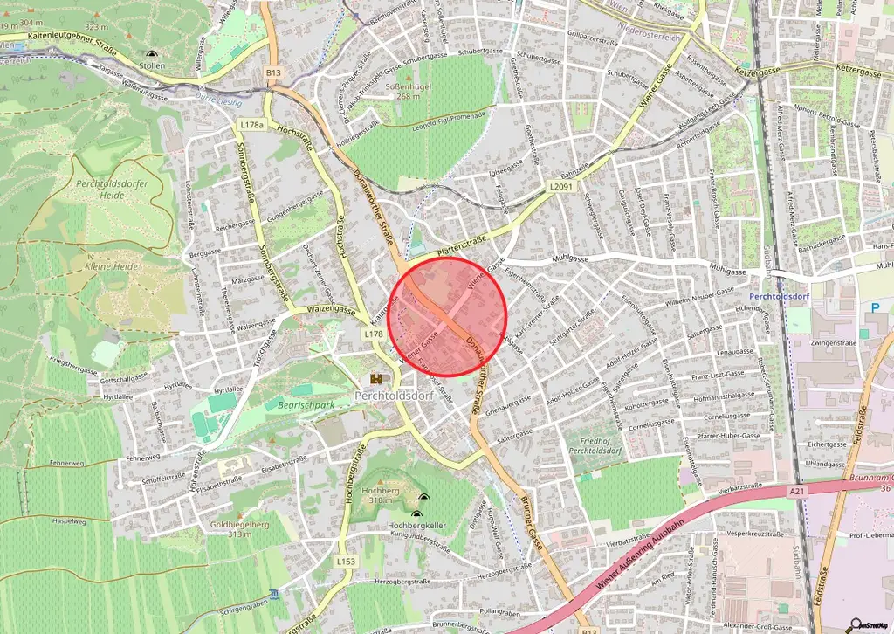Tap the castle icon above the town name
[377, 379]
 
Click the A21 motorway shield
[796, 493]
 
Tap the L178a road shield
[251, 125]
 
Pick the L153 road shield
[346, 562]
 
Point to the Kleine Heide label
[112, 265]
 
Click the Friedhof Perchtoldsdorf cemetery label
[593, 445]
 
